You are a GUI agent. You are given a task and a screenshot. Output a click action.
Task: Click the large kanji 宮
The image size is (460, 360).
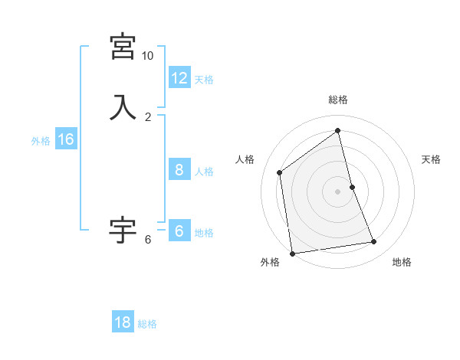(123, 48)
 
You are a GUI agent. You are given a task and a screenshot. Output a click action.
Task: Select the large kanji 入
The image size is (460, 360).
(123, 107)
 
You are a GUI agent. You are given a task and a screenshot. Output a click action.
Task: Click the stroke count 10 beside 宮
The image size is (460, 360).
(147, 57)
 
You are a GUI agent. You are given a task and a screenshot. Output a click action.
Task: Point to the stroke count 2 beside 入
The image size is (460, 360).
(148, 117)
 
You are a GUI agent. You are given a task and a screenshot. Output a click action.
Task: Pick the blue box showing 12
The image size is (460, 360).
(179, 78)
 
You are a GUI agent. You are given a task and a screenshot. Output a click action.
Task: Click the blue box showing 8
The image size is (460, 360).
(179, 170)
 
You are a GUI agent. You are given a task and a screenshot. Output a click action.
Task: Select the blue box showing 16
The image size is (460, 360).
(65, 139)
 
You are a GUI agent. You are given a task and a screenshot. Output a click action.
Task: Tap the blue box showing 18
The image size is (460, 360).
(122, 322)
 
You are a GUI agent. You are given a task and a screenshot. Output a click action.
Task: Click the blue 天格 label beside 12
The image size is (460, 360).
(204, 80)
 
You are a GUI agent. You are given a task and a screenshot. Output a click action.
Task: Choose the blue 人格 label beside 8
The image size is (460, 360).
(204, 172)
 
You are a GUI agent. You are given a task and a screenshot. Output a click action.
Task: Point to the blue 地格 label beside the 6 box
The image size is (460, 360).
(204, 233)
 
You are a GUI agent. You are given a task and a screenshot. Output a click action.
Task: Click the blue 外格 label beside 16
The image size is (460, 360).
(41, 141)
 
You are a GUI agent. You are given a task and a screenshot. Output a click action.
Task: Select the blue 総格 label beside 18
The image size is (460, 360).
(147, 324)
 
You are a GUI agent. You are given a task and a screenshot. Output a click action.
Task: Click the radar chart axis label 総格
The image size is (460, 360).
(338, 100)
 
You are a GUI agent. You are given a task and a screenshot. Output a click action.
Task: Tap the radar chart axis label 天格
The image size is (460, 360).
(431, 159)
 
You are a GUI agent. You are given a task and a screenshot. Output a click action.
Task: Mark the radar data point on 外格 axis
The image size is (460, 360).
(292, 253)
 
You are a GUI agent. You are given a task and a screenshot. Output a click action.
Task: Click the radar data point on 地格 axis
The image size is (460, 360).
(374, 242)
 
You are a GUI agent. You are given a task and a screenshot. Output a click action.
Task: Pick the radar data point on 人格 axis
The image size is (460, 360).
(280, 172)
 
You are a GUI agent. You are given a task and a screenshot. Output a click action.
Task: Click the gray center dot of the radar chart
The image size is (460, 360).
(338, 191)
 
